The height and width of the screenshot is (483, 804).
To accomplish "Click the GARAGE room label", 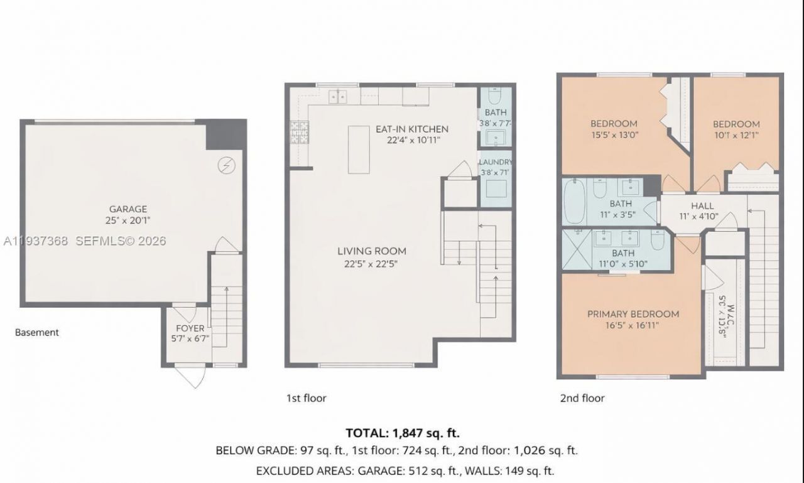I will click(x=128, y=209).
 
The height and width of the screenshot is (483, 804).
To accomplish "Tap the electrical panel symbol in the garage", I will click(x=225, y=165).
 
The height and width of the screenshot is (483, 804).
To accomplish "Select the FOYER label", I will click(x=189, y=328).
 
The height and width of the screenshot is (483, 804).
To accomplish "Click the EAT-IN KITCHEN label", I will click(x=412, y=129).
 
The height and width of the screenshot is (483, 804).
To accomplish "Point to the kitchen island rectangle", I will click(x=359, y=149).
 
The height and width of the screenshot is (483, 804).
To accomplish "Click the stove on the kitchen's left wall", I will click(x=296, y=133).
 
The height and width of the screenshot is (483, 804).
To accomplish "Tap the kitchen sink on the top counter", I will click(x=338, y=96).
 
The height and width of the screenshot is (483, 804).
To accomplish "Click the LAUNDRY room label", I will click(x=496, y=161).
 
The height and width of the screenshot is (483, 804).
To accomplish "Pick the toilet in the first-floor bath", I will click(x=494, y=98).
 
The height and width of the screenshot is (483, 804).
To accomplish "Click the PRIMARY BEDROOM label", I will click(x=633, y=314).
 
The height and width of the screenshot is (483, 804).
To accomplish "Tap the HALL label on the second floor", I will click(x=702, y=206).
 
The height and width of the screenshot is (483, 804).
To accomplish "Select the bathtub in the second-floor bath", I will click(x=575, y=200).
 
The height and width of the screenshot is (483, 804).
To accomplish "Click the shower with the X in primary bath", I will click(x=575, y=250).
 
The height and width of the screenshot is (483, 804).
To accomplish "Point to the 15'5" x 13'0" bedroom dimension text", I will click(x=614, y=134).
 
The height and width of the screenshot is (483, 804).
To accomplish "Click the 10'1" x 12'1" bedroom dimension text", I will click(x=736, y=134).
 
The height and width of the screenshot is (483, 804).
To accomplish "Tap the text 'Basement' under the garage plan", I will click(x=37, y=332).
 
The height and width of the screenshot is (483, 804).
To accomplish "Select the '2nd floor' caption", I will click(x=582, y=398).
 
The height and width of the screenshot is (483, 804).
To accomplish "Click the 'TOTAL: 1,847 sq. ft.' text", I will click(x=403, y=433).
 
